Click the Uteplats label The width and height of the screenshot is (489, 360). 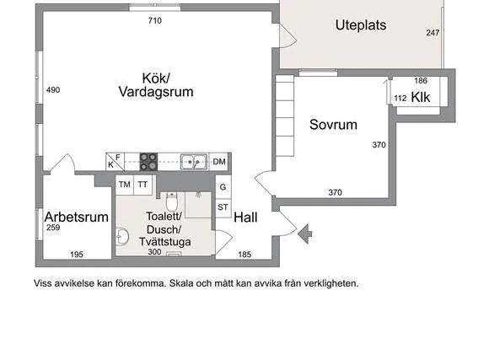click(x=361, y=25)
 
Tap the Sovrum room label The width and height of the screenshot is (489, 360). click(x=333, y=125)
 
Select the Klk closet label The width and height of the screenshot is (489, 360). click(x=421, y=97)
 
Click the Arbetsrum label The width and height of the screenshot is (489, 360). click(x=77, y=217)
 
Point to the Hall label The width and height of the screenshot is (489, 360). click(x=245, y=218)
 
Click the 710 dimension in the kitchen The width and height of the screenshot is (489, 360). click(x=155, y=20)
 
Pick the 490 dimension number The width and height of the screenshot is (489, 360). click(x=53, y=90)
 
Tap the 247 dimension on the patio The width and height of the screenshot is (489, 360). click(x=433, y=33)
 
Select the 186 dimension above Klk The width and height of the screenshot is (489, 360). click(x=421, y=80)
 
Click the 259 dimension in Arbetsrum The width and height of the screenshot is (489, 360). click(x=53, y=228)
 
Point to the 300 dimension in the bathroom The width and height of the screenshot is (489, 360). click(x=154, y=252)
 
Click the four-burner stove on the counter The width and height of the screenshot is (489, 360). click(x=148, y=162)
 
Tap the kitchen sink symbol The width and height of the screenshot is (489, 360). click(x=194, y=162)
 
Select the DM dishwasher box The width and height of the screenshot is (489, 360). click(x=219, y=162)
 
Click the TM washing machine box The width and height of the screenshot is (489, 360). click(x=125, y=185)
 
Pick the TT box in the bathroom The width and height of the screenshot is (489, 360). click(x=142, y=185)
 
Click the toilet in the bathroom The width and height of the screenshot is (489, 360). click(x=171, y=201)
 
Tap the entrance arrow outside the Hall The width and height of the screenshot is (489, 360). click(x=304, y=234)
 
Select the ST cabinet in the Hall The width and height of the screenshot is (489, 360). click(x=223, y=207)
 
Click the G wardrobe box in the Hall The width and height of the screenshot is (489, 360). click(x=223, y=187)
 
